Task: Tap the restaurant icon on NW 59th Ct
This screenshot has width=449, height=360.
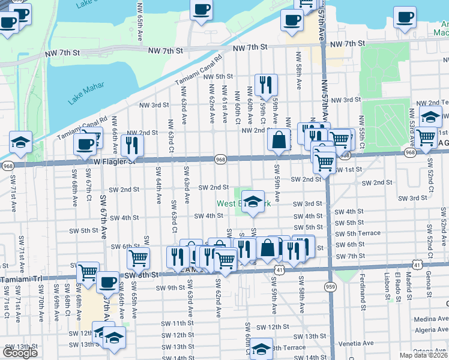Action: [x=265, y=85]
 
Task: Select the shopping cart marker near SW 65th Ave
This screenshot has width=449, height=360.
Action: [x=138, y=259]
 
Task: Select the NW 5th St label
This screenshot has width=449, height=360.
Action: [x=217, y=76]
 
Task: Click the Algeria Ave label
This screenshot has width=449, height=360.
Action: [x=428, y=329]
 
